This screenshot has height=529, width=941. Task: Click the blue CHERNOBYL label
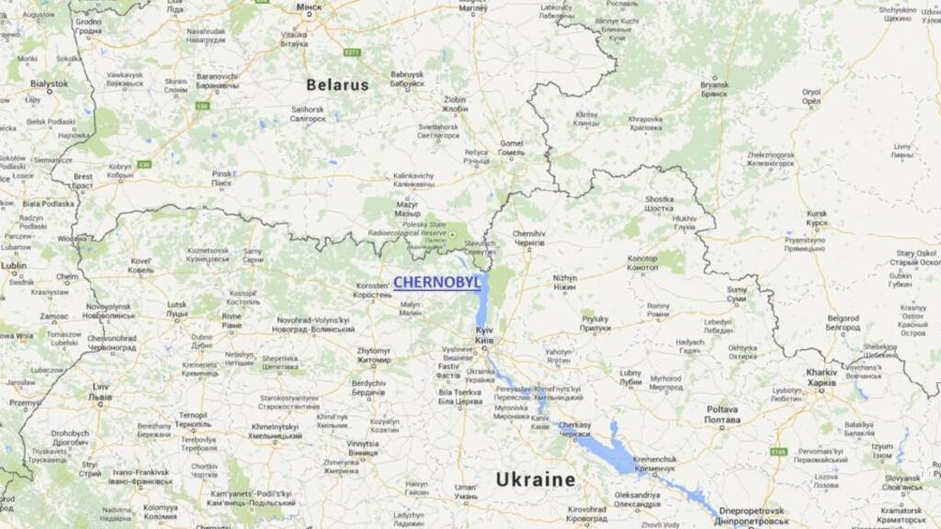pos(436,283)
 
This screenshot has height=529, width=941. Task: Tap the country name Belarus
pos(337,84)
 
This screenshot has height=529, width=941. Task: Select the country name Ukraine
pos(536,478)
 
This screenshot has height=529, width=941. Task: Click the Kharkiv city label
pos(822,377)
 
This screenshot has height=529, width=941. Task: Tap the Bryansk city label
pos(714,89)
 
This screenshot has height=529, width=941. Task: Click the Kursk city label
pos(816,218)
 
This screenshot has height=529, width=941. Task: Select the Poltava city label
pos(722,413)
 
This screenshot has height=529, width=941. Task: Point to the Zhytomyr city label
pos(374,355)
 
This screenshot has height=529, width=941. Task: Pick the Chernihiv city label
pos(528,238)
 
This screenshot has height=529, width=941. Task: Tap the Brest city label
pos(83,180)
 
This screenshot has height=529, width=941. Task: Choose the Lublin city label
pos(13,269)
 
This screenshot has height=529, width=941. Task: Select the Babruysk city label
pos(407,79)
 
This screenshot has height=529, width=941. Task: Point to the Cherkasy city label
pos(574,430)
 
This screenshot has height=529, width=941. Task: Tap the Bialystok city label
pos(48,87)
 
